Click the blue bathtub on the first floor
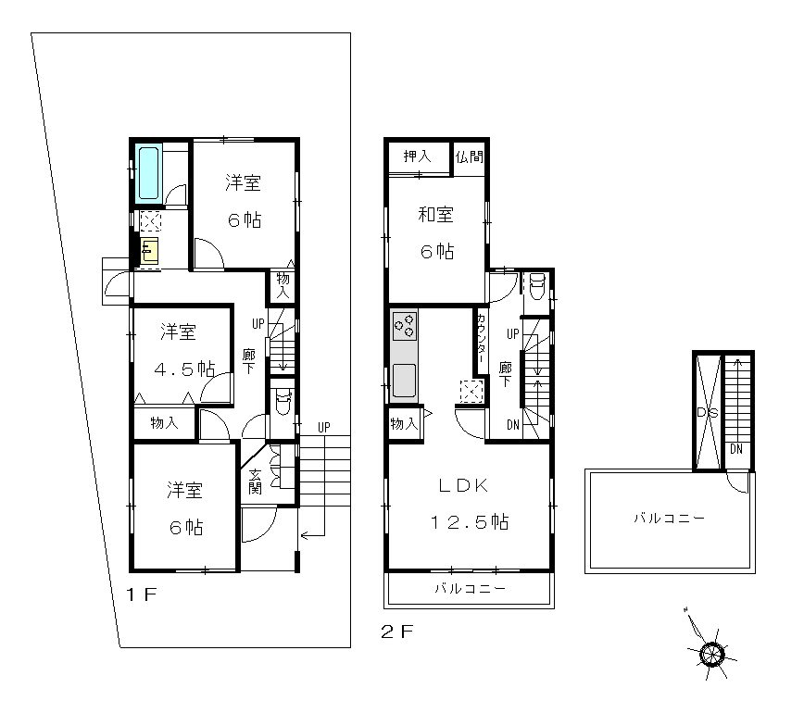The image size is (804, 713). click(149, 173)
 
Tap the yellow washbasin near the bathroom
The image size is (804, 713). click(150, 251)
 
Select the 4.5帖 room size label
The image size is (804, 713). click(184, 369)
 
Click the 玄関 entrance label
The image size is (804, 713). click(255, 482)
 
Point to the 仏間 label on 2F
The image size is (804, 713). click(470, 156)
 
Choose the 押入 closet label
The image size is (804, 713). click(418, 156)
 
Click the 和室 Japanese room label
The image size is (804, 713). click(436, 214)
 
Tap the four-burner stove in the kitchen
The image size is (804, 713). click(405, 327)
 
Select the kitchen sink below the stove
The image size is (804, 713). click(405, 381)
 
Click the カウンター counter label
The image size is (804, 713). click(482, 338)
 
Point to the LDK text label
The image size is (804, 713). click(463, 486)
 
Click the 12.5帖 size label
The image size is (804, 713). click(471, 522)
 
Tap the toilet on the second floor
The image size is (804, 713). click(537, 285)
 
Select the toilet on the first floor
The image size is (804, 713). click(283, 402)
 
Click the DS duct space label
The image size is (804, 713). click(708, 413)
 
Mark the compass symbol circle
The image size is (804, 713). click(711, 654)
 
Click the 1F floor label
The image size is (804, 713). click(141, 594)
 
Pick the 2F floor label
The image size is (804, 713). click(396, 632)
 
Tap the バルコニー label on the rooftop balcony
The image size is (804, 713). click(669, 519)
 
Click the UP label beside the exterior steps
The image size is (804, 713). click(323, 427)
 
